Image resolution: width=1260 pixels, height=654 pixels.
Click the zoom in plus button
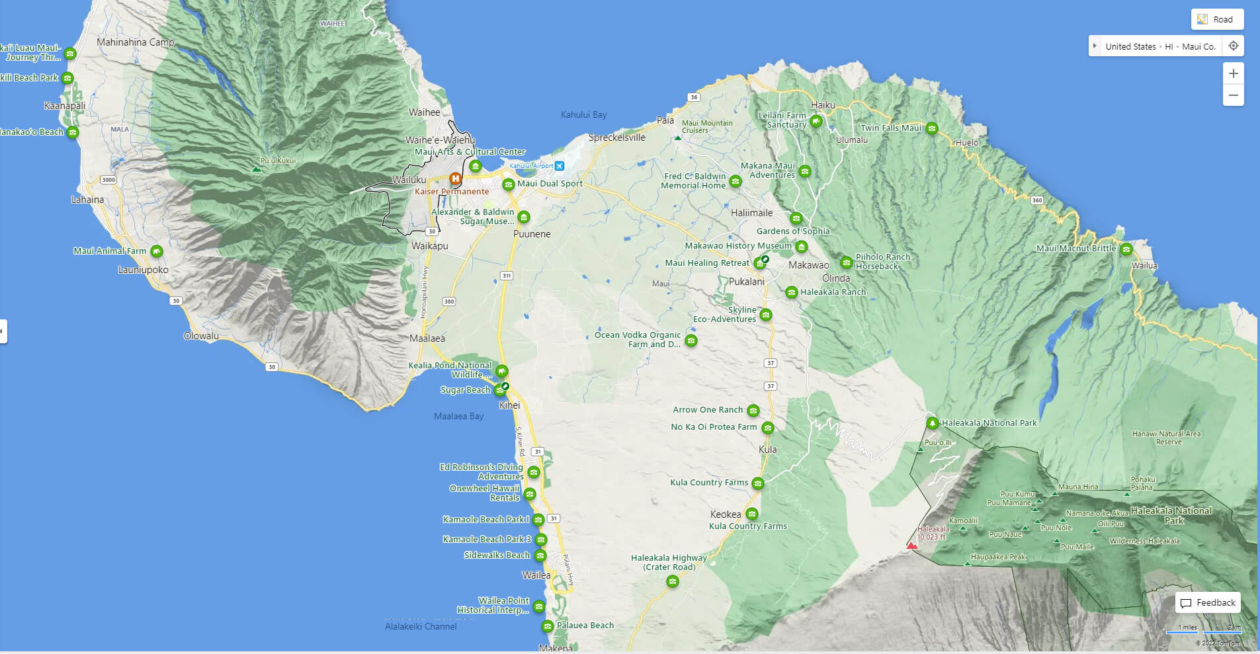click(1233, 73)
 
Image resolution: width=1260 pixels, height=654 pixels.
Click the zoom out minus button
click(1233, 95)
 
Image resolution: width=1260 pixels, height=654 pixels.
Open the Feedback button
click(1208, 602)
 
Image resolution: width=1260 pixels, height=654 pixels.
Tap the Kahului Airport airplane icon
click(560, 165)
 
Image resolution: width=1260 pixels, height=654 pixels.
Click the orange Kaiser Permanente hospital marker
click(455, 179)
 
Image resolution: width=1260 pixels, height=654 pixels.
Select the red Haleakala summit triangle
click(912, 546)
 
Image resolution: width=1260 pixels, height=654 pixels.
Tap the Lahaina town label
click(87, 200)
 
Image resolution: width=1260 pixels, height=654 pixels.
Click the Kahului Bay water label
click(583, 114)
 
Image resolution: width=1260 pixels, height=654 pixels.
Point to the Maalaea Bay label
click(458, 416)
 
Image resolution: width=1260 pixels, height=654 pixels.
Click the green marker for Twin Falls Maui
click(932, 128)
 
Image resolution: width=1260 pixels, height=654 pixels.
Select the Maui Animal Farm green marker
click(156, 251)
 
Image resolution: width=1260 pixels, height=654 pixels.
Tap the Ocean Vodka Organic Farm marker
click(691, 341)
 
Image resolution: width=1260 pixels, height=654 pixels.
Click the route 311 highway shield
click(507, 276)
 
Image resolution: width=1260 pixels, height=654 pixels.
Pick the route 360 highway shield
click(1036, 200)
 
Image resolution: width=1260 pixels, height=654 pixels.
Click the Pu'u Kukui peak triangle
click(257, 169)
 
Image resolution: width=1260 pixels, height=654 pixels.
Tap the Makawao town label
click(808, 265)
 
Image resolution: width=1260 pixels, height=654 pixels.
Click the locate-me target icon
click(1233, 46)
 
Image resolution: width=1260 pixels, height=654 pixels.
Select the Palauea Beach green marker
click(547, 626)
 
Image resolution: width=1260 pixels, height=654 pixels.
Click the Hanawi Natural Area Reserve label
click(1166, 438)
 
